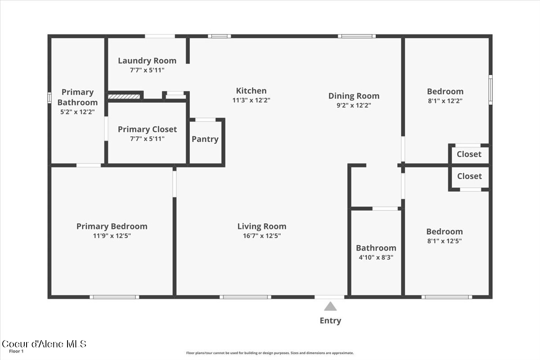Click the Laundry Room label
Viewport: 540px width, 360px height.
pyautogui.click(x=147, y=61)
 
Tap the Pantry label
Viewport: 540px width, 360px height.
pyautogui.click(x=205, y=139)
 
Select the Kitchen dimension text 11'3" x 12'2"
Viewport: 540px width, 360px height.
pyautogui.click(x=251, y=100)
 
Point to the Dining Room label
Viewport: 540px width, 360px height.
pyautogui.click(x=354, y=96)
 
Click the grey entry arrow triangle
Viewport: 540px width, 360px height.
pyautogui.click(x=330, y=307)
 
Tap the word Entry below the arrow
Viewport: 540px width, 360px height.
pyautogui.click(x=330, y=321)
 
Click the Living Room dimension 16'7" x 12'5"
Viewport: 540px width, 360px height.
pyautogui.click(x=262, y=236)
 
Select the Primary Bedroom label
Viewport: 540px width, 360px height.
pyautogui.click(x=112, y=226)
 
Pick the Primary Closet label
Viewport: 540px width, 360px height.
pyautogui.click(x=147, y=130)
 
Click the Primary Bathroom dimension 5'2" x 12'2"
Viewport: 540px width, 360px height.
pyautogui.click(x=77, y=112)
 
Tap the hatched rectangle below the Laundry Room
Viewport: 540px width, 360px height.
pyautogui.click(x=124, y=96)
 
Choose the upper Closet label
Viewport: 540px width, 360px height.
pyautogui.click(x=469, y=154)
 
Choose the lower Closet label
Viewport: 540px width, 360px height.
pyautogui.click(x=469, y=176)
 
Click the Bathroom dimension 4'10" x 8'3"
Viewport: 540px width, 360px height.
pyautogui.click(x=376, y=257)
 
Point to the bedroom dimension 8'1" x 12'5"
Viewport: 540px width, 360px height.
pyautogui.click(x=444, y=241)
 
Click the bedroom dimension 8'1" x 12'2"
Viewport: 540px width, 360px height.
pyautogui.click(x=445, y=101)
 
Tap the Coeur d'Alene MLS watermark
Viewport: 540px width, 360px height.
pyautogui.click(x=44, y=344)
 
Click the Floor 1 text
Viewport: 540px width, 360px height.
pyautogui.click(x=16, y=351)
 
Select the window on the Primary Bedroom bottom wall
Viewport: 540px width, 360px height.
pyautogui.click(x=114, y=297)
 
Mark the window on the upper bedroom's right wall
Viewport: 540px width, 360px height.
pyautogui.click(x=490, y=90)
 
